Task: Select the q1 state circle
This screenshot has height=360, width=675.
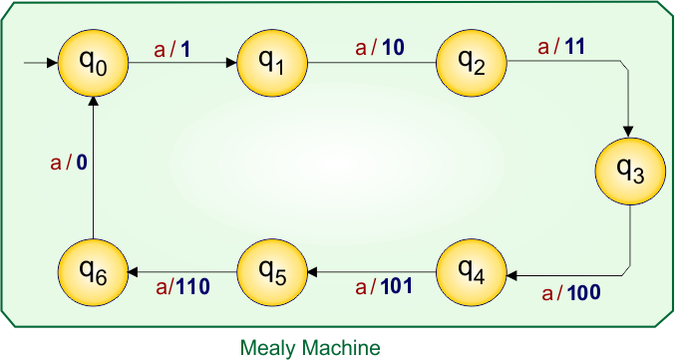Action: [273, 63]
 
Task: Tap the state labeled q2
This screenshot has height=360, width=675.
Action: [472, 63]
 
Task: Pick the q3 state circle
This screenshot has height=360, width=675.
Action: [629, 173]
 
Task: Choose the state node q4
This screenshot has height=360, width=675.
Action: [472, 271]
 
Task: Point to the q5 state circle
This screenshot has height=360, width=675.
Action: [273, 271]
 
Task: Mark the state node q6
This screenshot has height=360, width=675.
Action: [94, 271]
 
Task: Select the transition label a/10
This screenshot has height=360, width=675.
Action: [378, 47]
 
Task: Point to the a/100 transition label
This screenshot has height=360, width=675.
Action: [570, 293]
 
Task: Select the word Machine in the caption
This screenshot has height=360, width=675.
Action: [339, 348]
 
